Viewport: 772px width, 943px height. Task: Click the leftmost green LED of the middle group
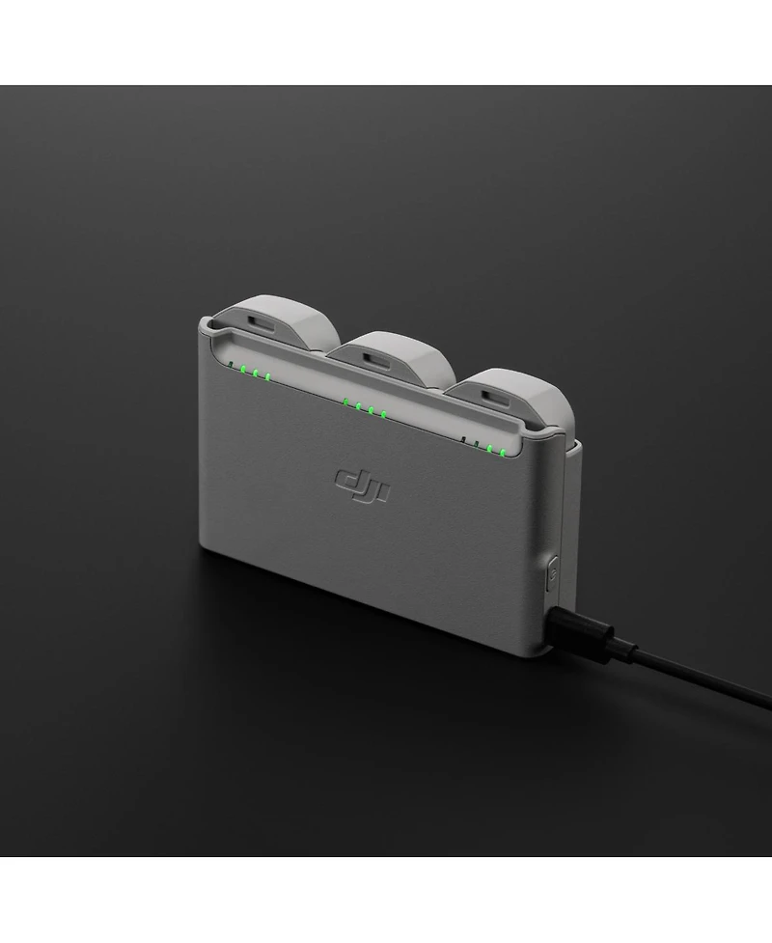click(345, 402)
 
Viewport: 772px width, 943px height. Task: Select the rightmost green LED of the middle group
click(383, 415)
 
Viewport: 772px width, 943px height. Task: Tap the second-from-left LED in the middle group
click(357, 406)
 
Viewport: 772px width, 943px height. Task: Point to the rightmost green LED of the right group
click(503, 451)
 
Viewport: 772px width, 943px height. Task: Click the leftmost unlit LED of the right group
click(465, 439)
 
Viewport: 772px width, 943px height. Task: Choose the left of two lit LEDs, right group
click(490, 448)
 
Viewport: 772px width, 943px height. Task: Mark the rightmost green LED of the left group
click(267, 376)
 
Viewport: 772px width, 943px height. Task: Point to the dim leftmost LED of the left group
click(231, 366)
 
